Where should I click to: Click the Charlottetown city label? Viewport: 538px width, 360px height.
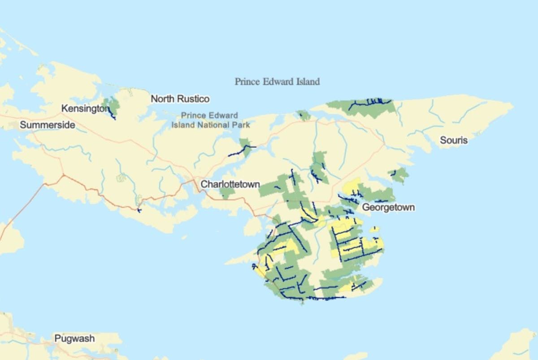tap(230, 184)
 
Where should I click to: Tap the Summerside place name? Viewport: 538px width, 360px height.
tap(47, 125)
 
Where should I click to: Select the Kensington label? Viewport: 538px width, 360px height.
tap(85, 108)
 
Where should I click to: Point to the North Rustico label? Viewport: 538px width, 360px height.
tap(180, 99)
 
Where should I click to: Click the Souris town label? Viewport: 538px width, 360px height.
tap(453, 140)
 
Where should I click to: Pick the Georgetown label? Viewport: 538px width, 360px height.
tap(388, 208)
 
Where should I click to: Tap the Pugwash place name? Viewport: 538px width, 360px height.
tap(74, 338)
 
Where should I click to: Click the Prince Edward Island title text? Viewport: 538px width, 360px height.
tap(277, 82)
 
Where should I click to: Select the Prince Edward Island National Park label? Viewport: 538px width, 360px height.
tap(210, 120)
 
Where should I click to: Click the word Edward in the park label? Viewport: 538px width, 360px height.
tap(224, 116)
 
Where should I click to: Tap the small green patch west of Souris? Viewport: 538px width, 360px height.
tap(399, 175)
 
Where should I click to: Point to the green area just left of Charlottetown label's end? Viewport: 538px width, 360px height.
tap(227, 193)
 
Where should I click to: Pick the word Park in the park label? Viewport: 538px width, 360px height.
tap(241, 125)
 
